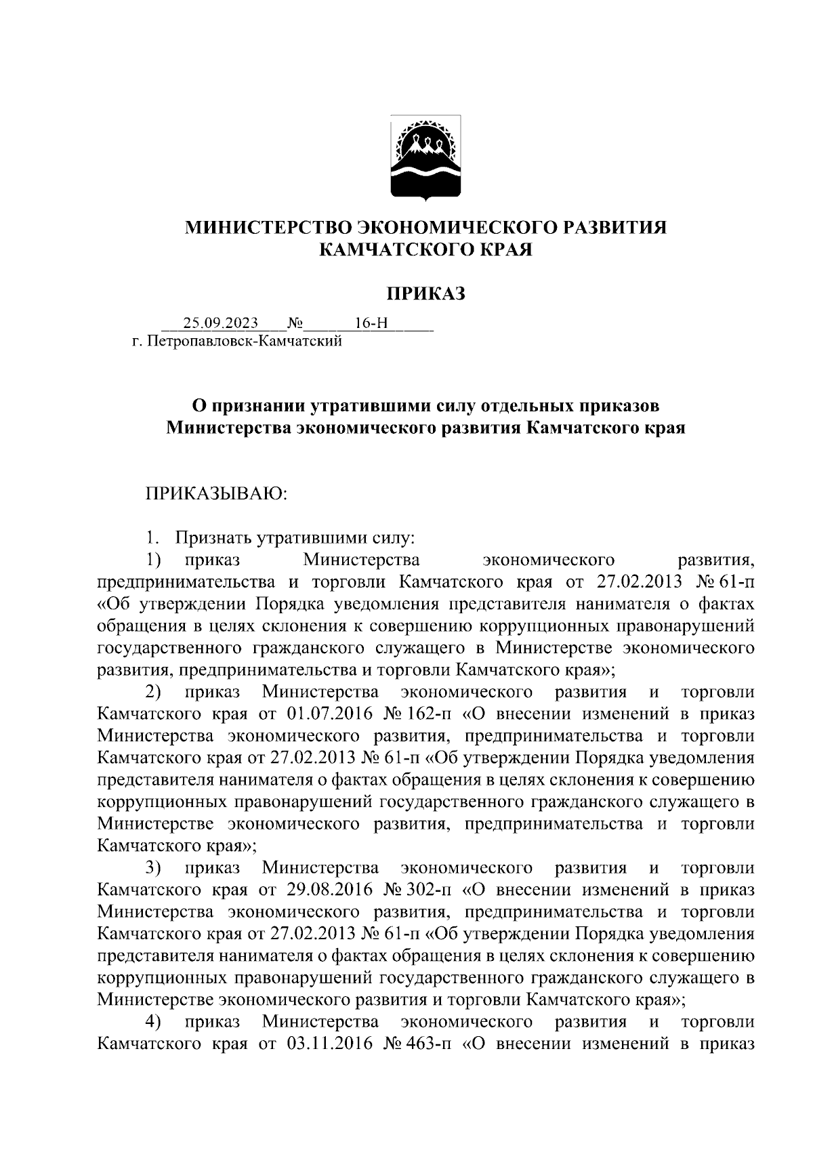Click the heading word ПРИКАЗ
coord(426,293)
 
